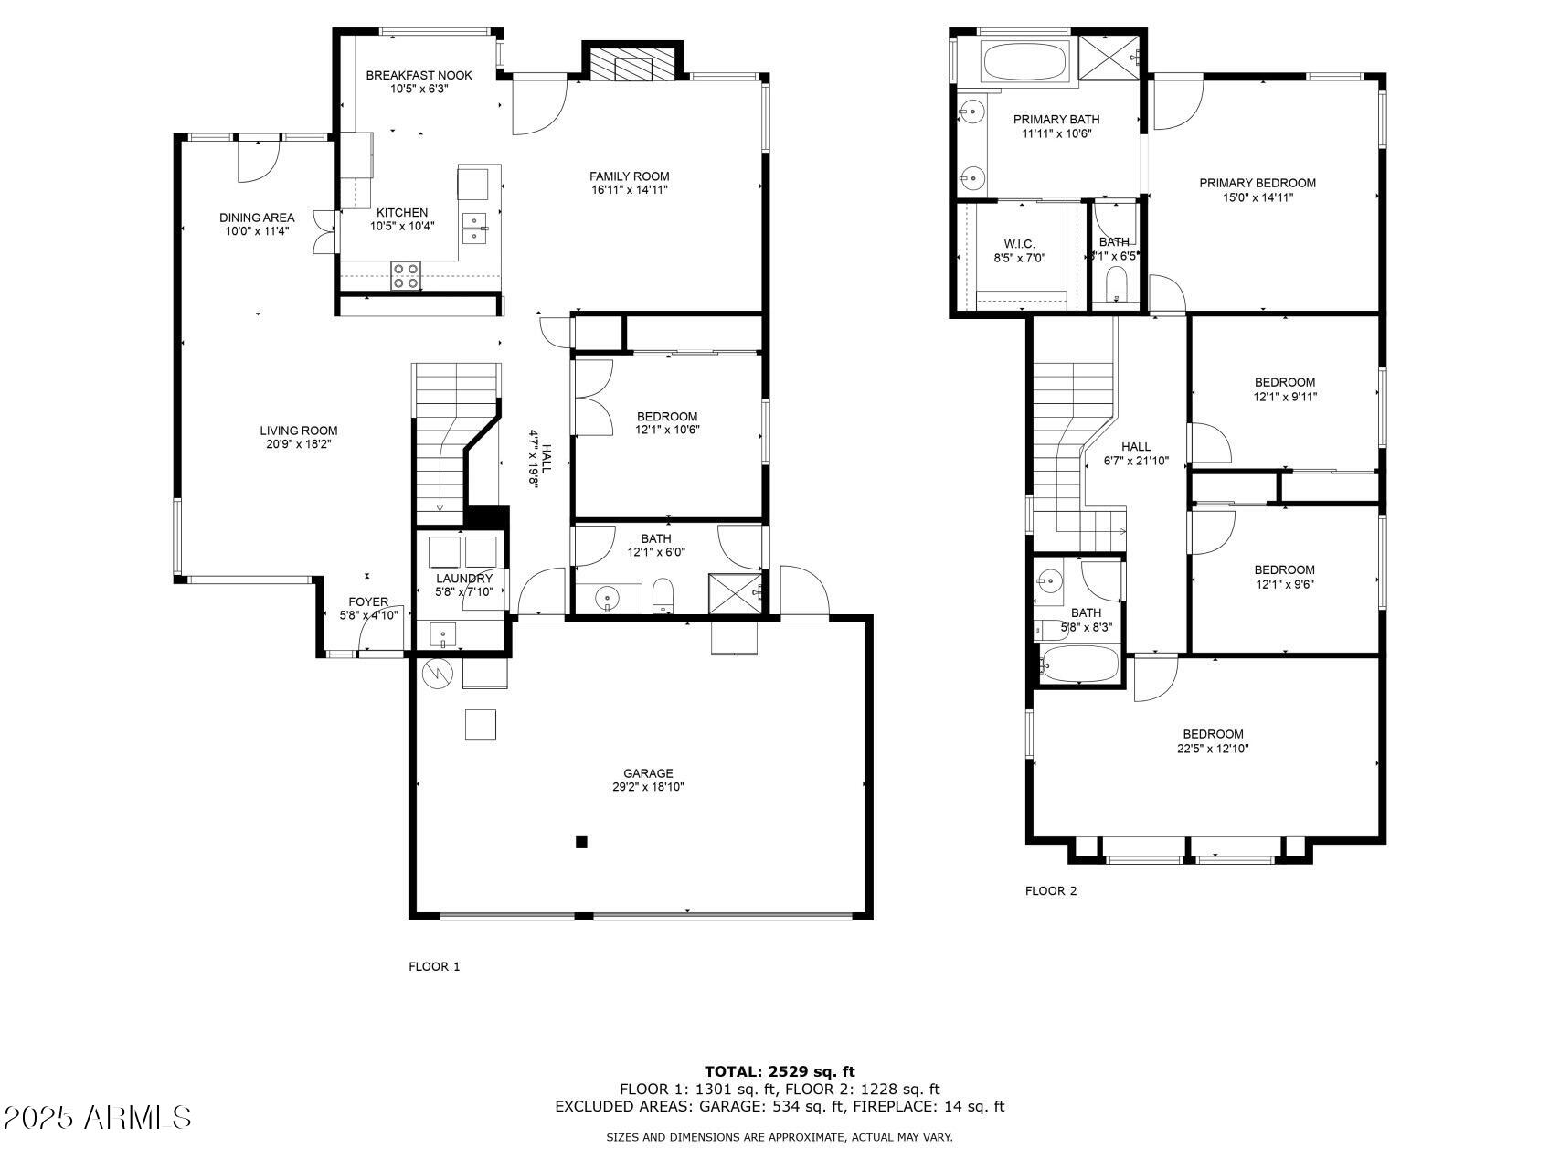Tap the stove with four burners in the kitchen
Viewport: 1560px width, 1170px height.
coord(406,276)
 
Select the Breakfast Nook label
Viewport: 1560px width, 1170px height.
coord(419,75)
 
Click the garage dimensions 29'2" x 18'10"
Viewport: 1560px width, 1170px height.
coord(648,787)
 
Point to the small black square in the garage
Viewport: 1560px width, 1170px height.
coord(581,842)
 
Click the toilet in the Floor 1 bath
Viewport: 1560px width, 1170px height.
coord(663,595)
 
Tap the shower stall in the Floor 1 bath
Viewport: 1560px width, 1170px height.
coord(736,593)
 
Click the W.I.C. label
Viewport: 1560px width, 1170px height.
coord(1019,243)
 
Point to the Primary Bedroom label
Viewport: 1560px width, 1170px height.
coord(1258,183)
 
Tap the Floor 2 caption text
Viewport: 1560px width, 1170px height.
coord(1051,890)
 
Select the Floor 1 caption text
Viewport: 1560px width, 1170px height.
coord(434,966)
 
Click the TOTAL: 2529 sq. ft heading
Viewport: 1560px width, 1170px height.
coord(780,1071)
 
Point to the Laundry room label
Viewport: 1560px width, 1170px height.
coord(464,579)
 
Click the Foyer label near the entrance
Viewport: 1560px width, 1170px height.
coord(368,601)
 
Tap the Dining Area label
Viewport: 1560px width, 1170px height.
coord(257,218)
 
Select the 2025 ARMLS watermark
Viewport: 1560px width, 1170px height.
coord(97,1117)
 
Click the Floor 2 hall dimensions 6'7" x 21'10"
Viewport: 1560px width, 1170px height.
coord(1136,461)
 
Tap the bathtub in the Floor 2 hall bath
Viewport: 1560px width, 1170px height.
coord(1079,664)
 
